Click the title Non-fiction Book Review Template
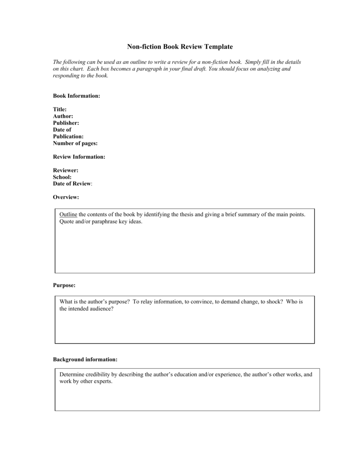(180, 46)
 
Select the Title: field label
(60, 109)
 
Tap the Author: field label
(63, 116)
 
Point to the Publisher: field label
(66, 123)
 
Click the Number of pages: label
(75, 143)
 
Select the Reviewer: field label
(66, 170)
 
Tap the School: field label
(62, 177)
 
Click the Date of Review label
(72, 184)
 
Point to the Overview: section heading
(66, 197)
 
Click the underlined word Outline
(69, 214)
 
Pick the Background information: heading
(85, 359)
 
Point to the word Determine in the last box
(72, 375)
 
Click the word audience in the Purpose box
(101, 309)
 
